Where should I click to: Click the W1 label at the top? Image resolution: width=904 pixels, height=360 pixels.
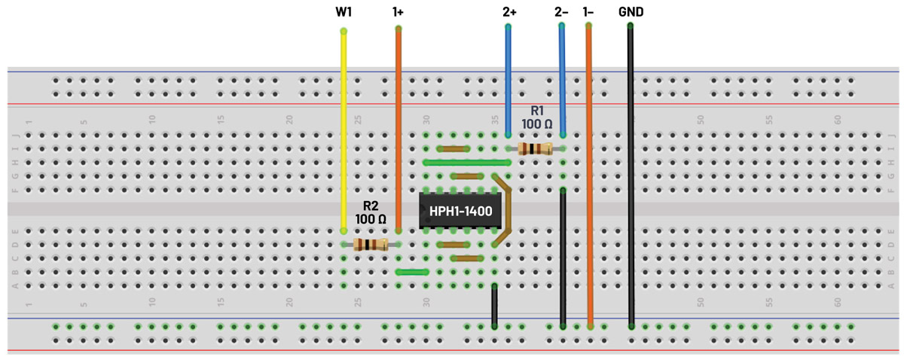click(x=344, y=12)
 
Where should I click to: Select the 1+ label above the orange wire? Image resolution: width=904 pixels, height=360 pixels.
click(x=398, y=12)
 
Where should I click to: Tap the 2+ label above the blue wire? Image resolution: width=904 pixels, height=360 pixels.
click(x=508, y=12)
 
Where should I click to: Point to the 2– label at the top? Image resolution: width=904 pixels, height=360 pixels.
click(x=561, y=12)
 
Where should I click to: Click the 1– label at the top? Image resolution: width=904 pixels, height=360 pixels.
click(x=588, y=12)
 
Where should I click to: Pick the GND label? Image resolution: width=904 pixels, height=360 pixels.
click(x=631, y=12)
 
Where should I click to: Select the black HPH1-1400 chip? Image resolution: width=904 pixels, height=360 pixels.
click(x=460, y=212)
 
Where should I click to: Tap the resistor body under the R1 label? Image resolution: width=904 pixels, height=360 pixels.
click(x=535, y=148)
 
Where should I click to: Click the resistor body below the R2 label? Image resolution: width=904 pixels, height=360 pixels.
click(x=370, y=244)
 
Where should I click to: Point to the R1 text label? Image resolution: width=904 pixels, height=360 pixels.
click(x=536, y=110)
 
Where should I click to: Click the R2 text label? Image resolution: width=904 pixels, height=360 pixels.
click(x=371, y=205)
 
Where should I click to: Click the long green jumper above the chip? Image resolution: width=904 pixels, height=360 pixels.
click(x=467, y=162)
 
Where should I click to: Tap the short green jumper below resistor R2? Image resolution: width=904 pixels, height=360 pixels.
click(x=412, y=272)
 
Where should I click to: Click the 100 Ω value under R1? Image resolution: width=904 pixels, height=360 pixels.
click(x=536, y=124)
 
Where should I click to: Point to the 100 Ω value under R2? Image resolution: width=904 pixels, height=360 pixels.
click(x=371, y=219)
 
